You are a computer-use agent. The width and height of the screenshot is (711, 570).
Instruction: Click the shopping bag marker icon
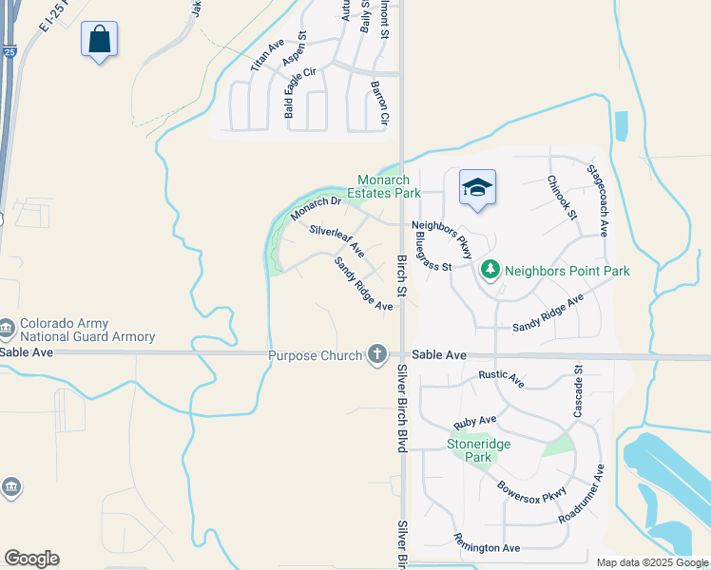[99, 40]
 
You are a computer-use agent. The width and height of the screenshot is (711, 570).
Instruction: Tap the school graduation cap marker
[477, 186]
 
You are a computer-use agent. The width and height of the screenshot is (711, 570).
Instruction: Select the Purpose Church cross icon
[377, 355]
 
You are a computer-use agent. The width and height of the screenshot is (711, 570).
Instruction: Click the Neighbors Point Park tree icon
[490, 271]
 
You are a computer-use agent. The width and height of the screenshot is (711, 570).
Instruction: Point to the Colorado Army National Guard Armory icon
[8, 329]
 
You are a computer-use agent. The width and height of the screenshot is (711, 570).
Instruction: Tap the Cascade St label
[577, 390]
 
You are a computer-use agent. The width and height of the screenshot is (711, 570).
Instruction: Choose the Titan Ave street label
[268, 56]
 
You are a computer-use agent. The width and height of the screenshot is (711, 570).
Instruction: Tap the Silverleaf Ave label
[336, 241]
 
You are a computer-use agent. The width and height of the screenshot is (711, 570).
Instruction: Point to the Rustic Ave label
[501, 379]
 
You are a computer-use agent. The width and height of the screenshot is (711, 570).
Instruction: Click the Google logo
[31, 559]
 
